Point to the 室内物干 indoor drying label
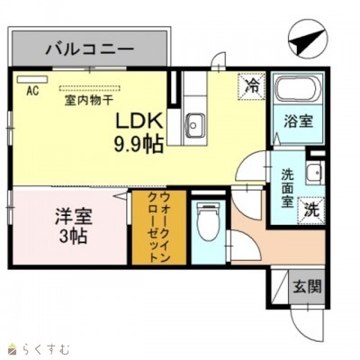pos(91,100)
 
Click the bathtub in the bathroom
pos(297,92)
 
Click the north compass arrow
pos(307,40)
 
